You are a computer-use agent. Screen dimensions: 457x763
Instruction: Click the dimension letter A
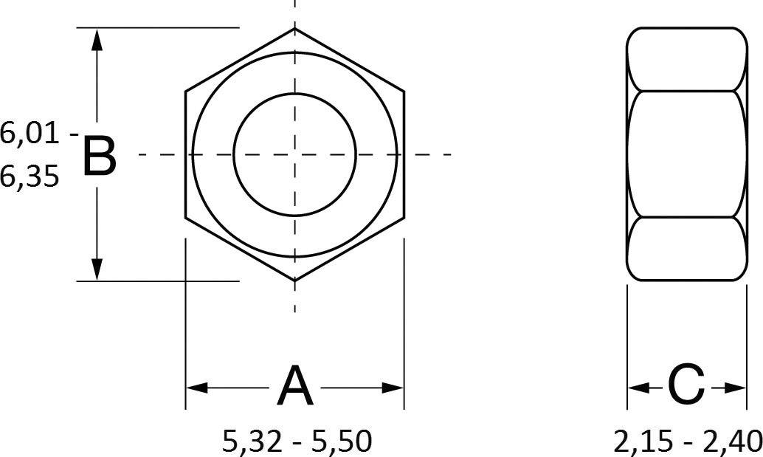click(x=294, y=386)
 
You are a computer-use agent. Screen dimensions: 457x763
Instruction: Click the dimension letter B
click(x=99, y=156)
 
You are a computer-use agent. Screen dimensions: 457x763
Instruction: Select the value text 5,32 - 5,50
click(x=297, y=441)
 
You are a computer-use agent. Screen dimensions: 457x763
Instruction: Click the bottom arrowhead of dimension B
click(x=96, y=269)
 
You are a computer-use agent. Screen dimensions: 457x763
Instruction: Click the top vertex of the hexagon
click(x=294, y=29)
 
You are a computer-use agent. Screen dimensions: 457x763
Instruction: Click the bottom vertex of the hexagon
click(x=294, y=281)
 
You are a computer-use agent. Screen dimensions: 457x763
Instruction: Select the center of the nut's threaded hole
click(x=294, y=154)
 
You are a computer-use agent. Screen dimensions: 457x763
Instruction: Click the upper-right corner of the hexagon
click(x=404, y=92)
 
